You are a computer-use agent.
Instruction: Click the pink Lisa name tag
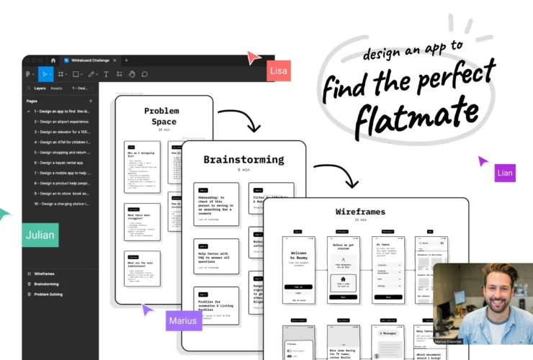click(278, 71)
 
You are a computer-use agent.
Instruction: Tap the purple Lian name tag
click(505, 173)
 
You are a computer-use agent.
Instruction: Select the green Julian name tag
click(40, 235)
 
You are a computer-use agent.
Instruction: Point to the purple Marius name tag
click(183, 321)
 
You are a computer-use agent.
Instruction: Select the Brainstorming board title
click(243, 160)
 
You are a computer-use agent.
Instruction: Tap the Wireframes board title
click(360, 212)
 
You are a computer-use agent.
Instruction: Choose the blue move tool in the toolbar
click(45, 73)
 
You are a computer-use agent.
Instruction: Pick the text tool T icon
click(106, 73)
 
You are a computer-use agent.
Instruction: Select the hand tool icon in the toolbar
click(132, 73)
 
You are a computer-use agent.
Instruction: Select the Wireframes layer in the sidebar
click(45, 274)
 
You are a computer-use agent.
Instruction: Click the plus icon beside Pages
click(91, 101)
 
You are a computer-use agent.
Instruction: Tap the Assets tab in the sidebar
click(56, 88)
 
